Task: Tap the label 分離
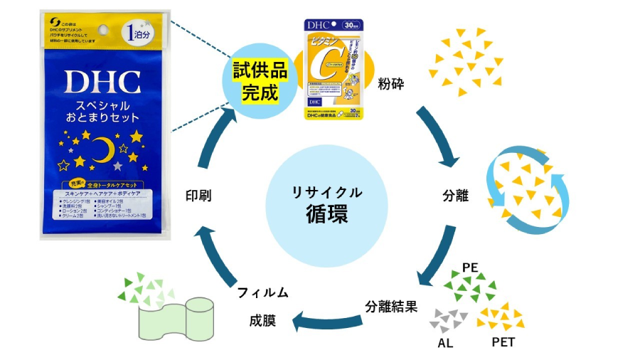click(455, 195)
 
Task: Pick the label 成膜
click(262, 320)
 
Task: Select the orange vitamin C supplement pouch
click(334, 68)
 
